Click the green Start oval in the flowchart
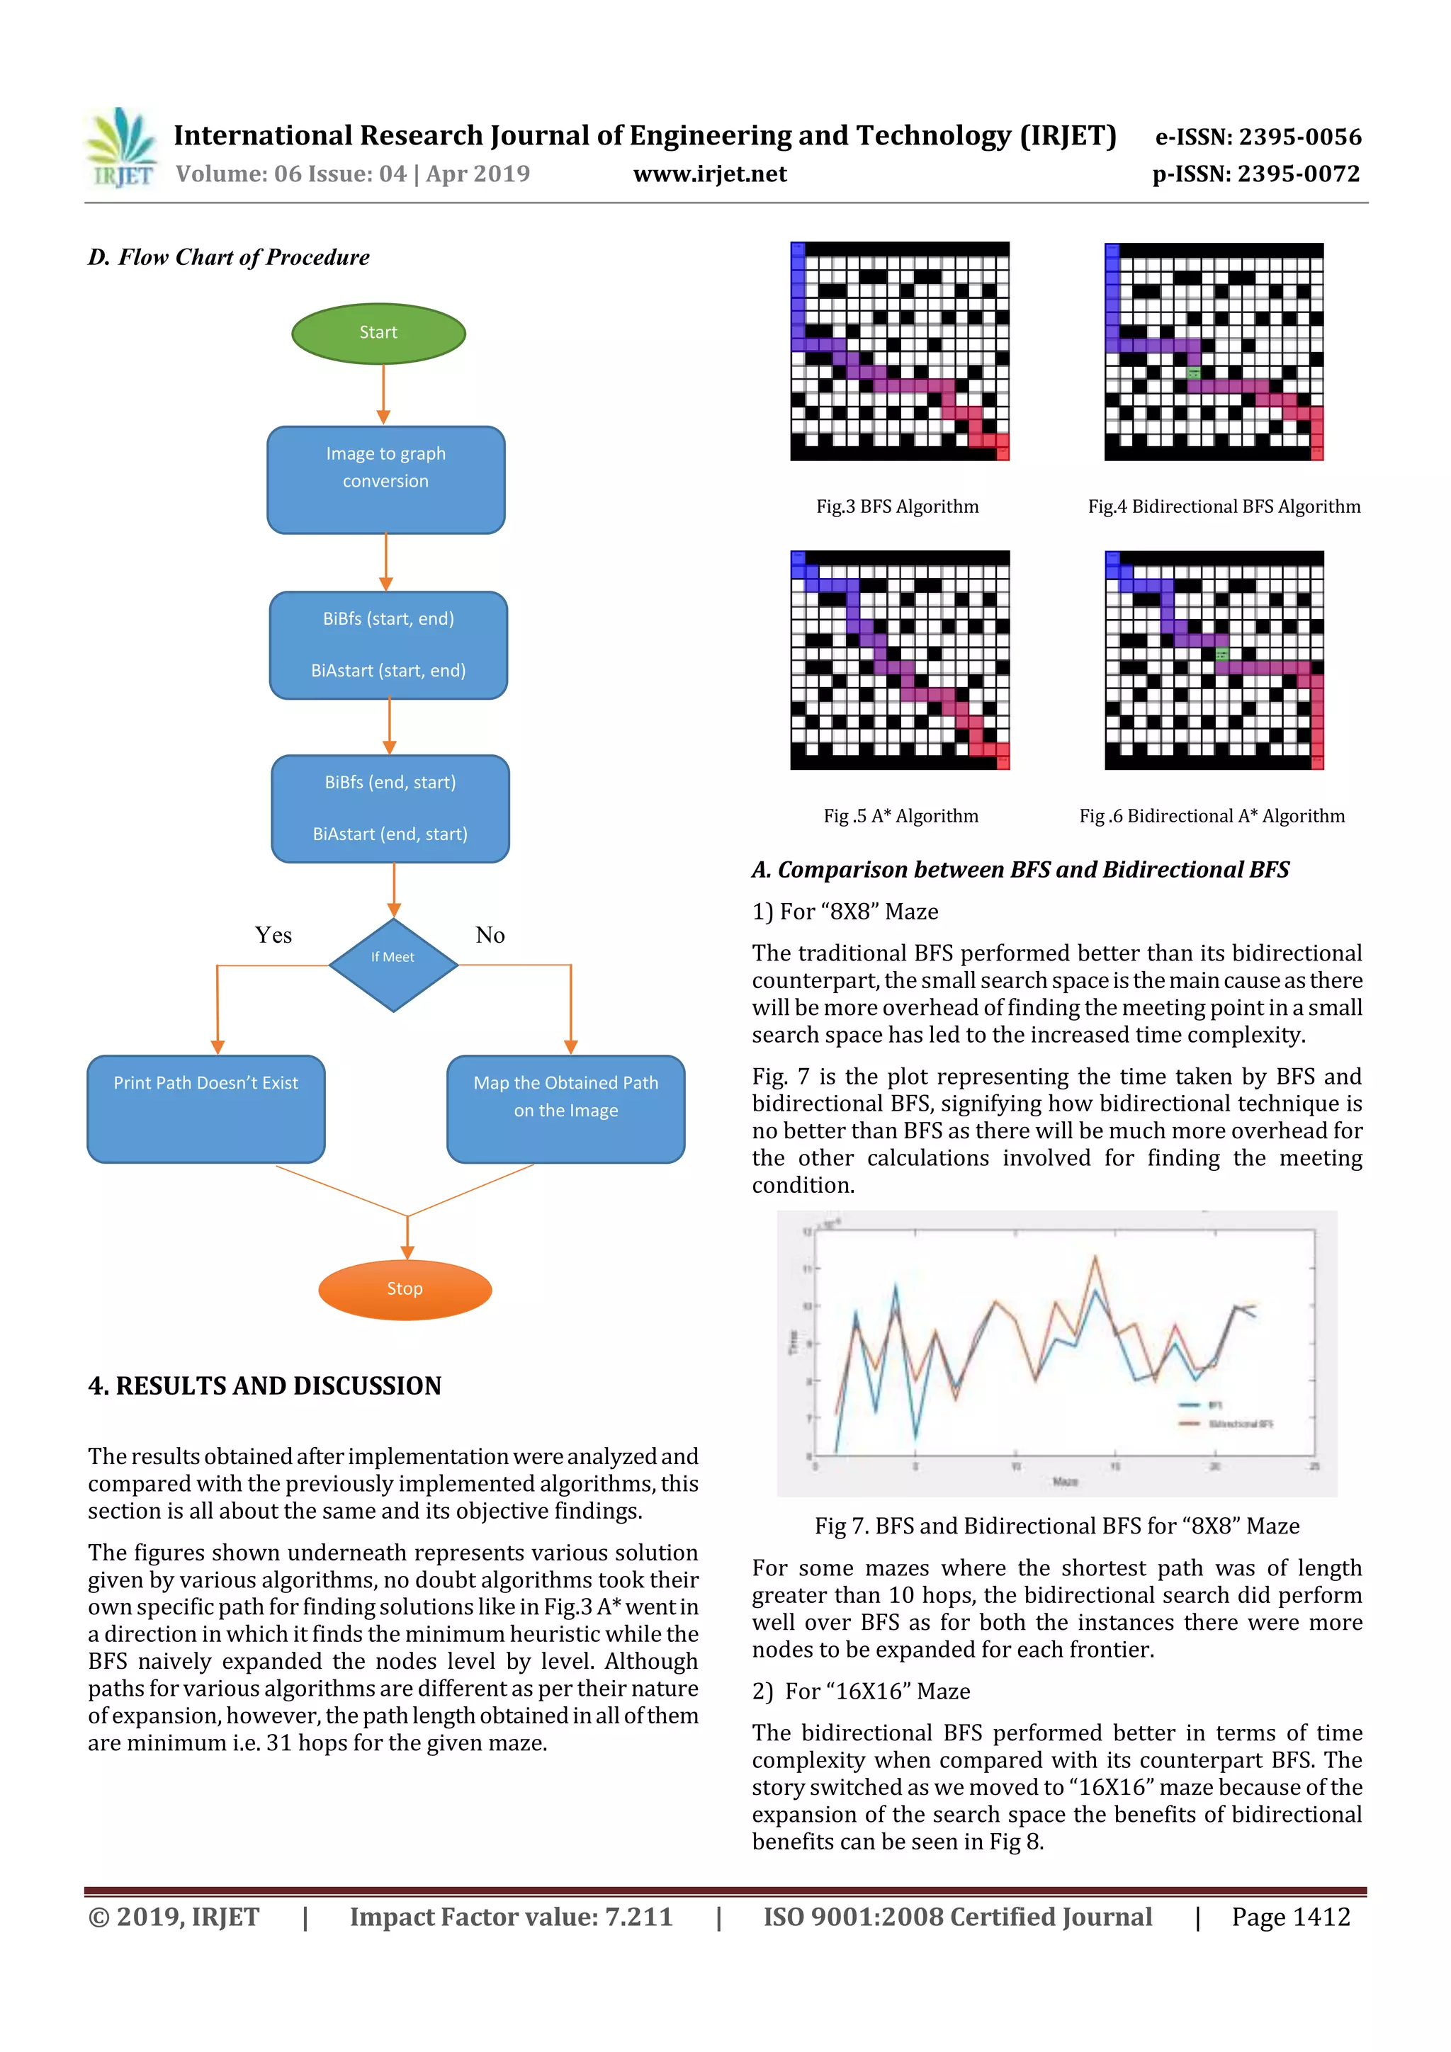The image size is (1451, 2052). click(378, 334)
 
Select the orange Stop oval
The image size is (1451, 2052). click(405, 1288)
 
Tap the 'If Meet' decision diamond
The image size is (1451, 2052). click(393, 964)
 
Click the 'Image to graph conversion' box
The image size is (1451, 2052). click(385, 480)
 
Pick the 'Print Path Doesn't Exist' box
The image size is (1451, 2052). click(205, 1109)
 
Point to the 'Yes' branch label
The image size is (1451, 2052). click(273, 935)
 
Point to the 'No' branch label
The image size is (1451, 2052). click(490, 935)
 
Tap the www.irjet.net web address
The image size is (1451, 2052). click(710, 174)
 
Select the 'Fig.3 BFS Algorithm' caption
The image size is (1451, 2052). click(897, 506)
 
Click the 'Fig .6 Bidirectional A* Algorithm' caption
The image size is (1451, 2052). click(1212, 816)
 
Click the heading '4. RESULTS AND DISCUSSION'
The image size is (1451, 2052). click(265, 1385)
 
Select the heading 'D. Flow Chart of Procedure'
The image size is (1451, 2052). click(229, 257)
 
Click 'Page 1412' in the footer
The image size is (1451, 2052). click(1290, 1917)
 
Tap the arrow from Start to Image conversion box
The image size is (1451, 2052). click(383, 394)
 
